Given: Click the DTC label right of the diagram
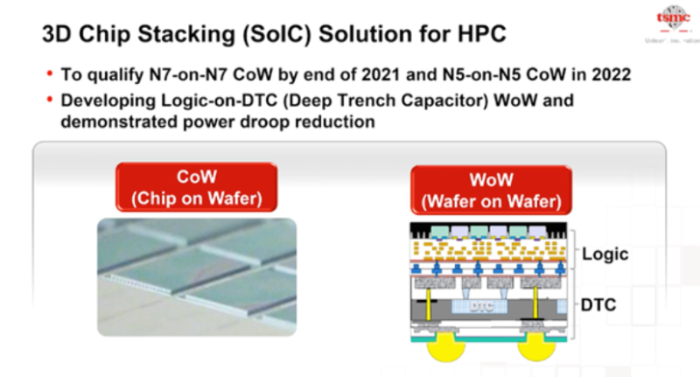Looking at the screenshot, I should [600, 305].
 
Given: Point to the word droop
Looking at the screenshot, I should [248, 122].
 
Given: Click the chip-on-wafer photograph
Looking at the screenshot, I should [196, 273].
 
